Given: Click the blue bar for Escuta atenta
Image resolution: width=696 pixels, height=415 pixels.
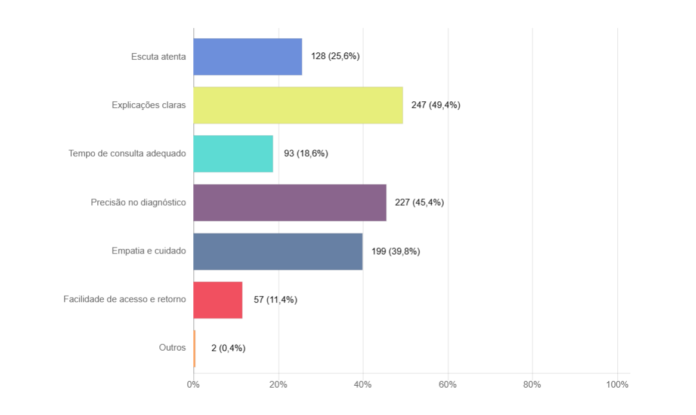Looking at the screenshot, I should [x=248, y=57].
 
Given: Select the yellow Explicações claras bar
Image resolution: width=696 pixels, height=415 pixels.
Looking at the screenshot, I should [x=298, y=105].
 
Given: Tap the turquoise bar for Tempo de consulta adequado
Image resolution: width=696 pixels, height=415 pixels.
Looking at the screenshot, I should [x=233, y=154].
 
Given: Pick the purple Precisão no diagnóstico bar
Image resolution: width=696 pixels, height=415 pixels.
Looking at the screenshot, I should [x=290, y=203].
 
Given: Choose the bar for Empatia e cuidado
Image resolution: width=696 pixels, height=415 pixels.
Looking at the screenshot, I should [x=278, y=251].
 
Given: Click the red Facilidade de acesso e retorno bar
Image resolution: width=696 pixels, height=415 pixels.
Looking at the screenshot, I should [x=218, y=300].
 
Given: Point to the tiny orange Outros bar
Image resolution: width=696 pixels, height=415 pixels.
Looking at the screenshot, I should [x=194, y=348].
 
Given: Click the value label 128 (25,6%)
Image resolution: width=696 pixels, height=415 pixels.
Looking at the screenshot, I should [x=335, y=57].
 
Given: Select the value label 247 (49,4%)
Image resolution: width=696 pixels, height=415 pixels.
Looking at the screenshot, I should [x=436, y=105].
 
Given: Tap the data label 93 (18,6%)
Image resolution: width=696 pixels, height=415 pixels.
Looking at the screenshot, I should [x=306, y=154].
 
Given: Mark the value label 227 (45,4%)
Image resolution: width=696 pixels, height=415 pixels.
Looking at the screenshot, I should [x=419, y=203].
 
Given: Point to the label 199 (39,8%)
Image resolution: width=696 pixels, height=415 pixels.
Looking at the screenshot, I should [x=396, y=251].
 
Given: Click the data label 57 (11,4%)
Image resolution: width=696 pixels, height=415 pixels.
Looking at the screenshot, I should [x=276, y=300].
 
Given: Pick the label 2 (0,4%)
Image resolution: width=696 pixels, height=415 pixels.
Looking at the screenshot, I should [x=228, y=348].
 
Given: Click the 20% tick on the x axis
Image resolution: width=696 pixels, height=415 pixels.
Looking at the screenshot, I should [x=279, y=385].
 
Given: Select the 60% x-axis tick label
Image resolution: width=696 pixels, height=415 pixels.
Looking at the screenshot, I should [x=448, y=385].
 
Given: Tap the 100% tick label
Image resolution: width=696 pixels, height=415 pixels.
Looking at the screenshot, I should [x=617, y=385].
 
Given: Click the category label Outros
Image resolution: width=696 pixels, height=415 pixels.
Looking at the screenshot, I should [x=172, y=348].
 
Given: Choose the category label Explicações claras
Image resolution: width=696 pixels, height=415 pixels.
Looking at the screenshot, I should [x=149, y=105].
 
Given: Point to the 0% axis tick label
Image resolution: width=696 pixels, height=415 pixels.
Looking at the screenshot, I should [x=193, y=385].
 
